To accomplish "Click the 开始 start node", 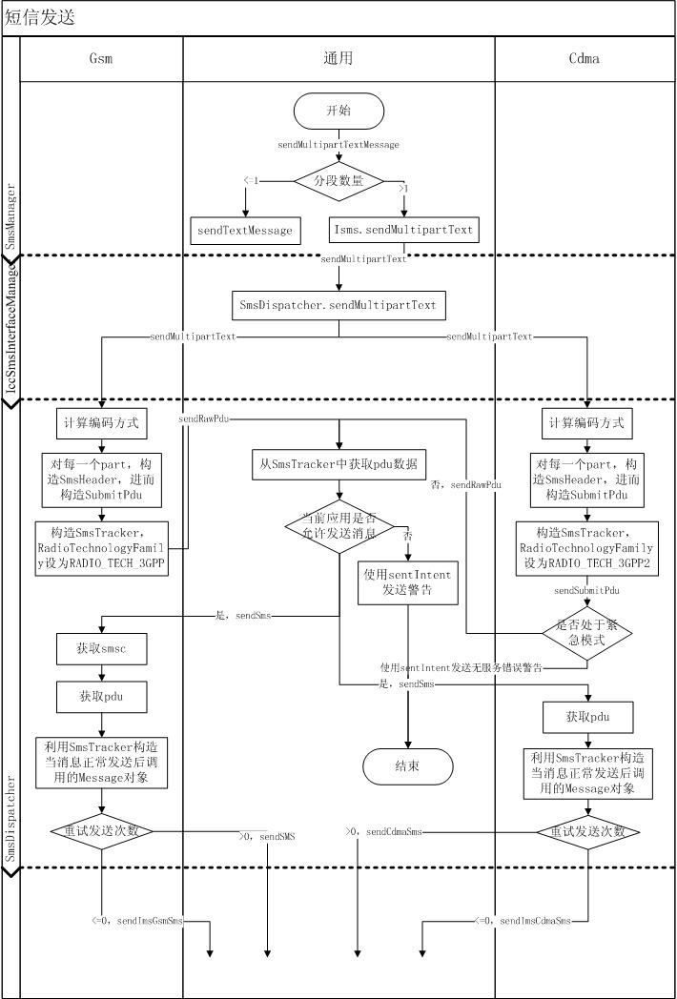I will coord(338,111).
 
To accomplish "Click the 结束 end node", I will coord(407,765).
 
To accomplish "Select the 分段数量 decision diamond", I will coord(338,180).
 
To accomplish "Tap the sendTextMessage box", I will coord(245,230).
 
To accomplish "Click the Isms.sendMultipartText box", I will coord(403,230).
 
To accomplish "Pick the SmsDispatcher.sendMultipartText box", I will coord(338,306).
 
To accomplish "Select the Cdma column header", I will coord(585,58).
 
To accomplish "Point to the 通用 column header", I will coord(338,58).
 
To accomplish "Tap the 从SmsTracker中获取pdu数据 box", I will coord(338,464).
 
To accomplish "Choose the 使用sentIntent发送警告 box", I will coord(408,581).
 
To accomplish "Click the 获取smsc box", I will coord(101,648).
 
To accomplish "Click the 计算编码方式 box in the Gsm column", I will coord(101,423).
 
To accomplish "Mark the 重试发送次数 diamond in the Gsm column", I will coord(101,830).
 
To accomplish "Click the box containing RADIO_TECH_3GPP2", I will coord(587,548).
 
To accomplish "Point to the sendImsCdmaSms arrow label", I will coord(523,921).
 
